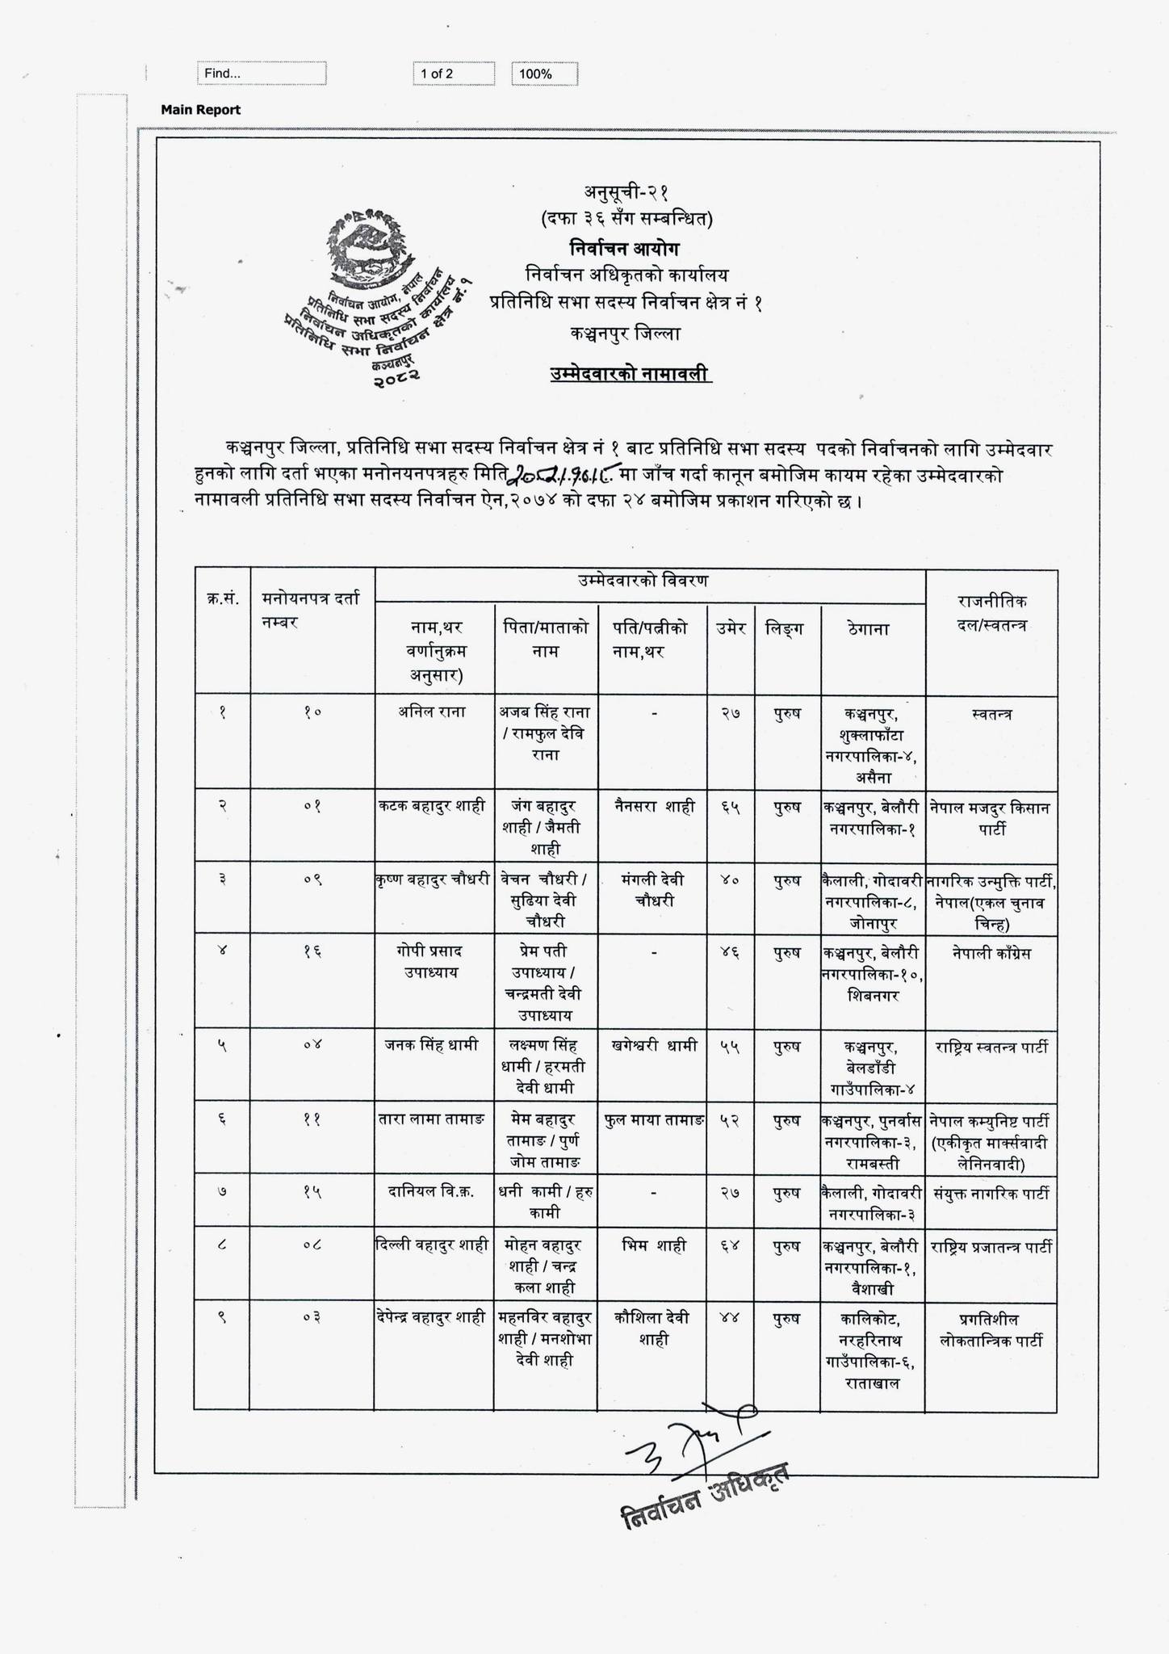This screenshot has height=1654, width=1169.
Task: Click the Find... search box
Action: [262, 73]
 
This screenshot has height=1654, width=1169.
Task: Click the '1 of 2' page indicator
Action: [453, 73]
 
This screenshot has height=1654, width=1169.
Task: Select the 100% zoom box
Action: [544, 74]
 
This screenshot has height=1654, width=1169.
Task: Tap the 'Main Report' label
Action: [200, 110]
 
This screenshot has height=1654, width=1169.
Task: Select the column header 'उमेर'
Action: [731, 628]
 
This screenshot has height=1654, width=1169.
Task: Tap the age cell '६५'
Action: [731, 807]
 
